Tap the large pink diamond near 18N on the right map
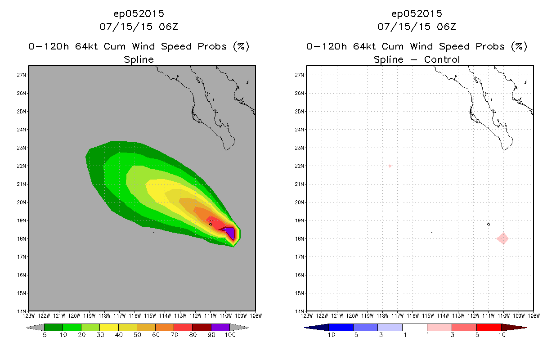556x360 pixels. pos(502,238)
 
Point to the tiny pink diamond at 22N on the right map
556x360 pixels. pos(390,166)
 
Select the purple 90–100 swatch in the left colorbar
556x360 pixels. pos(220,327)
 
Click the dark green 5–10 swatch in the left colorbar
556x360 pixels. pos(54,327)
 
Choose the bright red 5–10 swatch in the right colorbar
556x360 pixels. pos(489,327)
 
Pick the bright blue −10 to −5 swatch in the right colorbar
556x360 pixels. pos(341,327)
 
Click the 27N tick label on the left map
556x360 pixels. pos(21,75)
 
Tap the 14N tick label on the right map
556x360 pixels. pos(299,311)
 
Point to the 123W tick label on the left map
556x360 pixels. pos(29,316)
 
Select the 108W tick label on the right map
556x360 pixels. pos(534,316)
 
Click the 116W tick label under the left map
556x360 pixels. pos(135,316)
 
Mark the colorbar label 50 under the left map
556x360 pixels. pos(137,335)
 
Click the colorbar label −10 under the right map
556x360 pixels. pos(329,335)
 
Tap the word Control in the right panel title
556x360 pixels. pos(442,59)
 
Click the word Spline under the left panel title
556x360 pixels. pos(139,59)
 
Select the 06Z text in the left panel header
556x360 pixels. pos(169,27)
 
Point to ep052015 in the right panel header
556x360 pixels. pos(417,14)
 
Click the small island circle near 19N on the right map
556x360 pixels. pos(489,225)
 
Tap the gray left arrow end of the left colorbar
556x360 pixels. pos(35,327)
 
